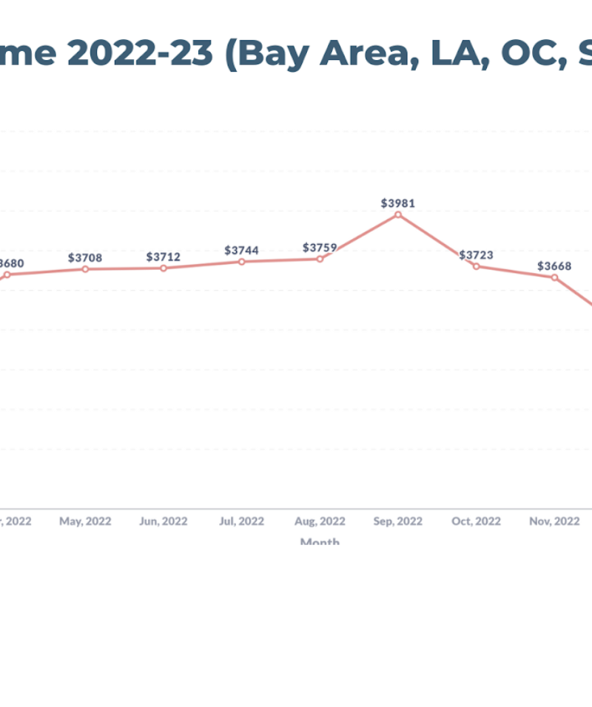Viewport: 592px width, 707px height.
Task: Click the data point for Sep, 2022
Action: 398,214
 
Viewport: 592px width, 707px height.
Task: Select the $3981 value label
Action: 398,203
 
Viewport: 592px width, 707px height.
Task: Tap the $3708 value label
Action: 85,257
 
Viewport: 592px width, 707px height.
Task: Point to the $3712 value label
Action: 163,257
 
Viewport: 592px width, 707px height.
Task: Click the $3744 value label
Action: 241,251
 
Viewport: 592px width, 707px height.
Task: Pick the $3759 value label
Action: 320,247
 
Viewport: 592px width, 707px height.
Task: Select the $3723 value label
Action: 476,255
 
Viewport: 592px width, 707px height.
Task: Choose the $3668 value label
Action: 554,266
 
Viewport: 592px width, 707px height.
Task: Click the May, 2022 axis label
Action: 85,521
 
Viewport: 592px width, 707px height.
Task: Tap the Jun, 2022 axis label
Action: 163,521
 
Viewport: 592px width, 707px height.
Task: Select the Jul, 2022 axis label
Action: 241,521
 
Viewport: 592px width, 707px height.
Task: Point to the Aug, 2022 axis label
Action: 320,521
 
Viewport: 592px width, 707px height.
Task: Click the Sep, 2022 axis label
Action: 398,521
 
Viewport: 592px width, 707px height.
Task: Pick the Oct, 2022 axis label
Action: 476,521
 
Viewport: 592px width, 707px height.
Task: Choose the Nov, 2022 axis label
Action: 554,521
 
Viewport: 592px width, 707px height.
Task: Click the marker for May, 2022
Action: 85,269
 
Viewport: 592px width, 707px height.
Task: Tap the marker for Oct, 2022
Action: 476,266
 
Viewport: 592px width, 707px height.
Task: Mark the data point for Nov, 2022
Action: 554,277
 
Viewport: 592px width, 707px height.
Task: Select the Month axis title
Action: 320,542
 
